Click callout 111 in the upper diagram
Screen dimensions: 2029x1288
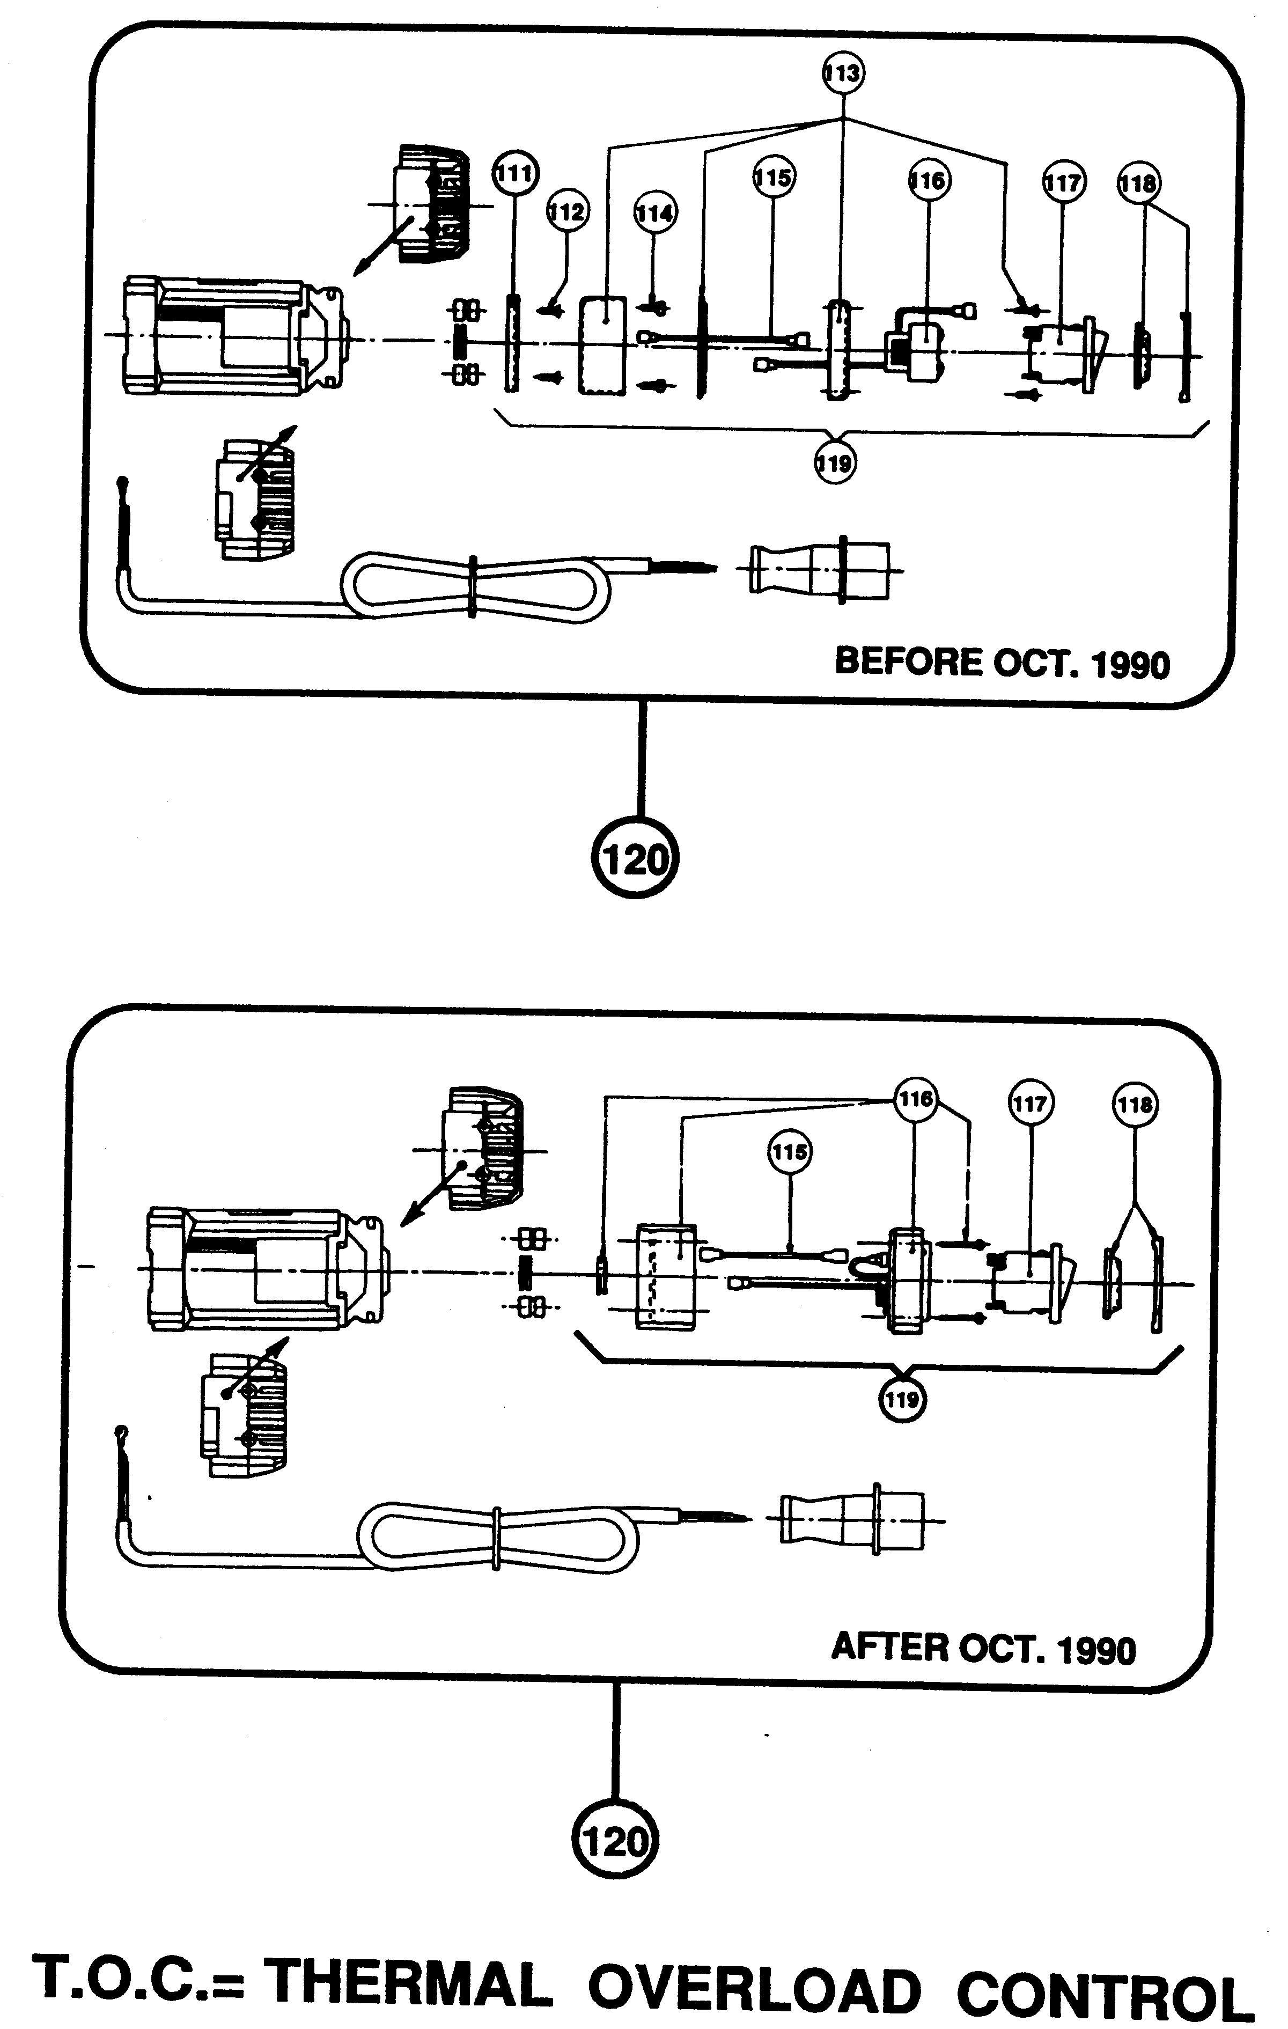pyautogui.click(x=514, y=174)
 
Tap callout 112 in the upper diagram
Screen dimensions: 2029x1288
pyautogui.click(x=567, y=211)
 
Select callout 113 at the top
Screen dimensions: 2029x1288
pyautogui.click(x=842, y=73)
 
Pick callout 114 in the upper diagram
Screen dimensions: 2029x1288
pyautogui.click(x=654, y=213)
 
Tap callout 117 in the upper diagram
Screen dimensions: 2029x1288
pyautogui.click(x=1062, y=183)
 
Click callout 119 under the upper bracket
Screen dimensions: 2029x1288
pyautogui.click(x=835, y=462)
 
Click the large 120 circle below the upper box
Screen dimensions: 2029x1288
pyautogui.click(x=635, y=859)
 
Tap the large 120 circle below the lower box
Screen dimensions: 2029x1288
pyautogui.click(x=615, y=1841)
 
